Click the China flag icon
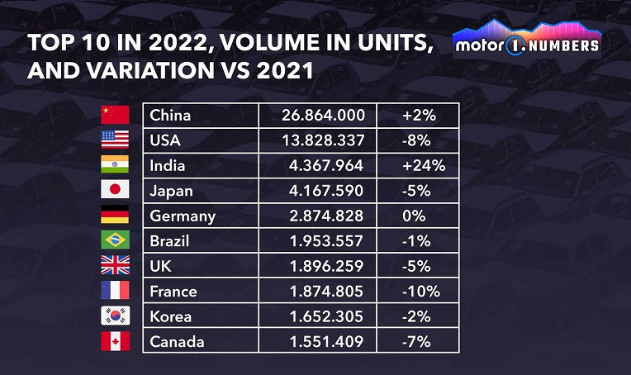pyautogui.click(x=115, y=115)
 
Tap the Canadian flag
pyautogui.click(x=115, y=341)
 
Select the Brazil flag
pyautogui.click(x=115, y=240)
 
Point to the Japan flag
pyautogui.click(x=115, y=190)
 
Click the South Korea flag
pyautogui.click(x=115, y=316)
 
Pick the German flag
pyautogui.click(x=115, y=216)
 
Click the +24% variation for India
pyautogui.click(x=423, y=165)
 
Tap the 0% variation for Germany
pyautogui.click(x=414, y=216)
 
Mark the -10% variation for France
pyautogui.click(x=420, y=291)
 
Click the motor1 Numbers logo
pyautogui.click(x=527, y=41)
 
